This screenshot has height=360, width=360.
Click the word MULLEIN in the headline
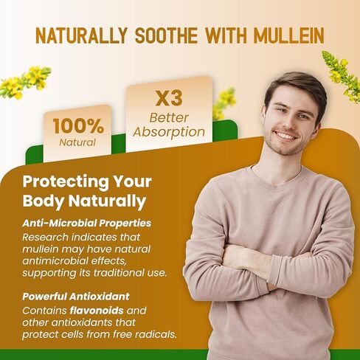(x=288, y=36)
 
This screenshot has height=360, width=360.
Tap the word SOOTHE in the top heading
(x=167, y=36)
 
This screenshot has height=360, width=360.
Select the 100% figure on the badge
(x=78, y=126)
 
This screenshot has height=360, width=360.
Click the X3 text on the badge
(x=169, y=98)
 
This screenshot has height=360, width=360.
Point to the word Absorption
(x=169, y=133)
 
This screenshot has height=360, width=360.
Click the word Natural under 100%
(x=77, y=142)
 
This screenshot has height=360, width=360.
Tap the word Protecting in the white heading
(x=66, y=182)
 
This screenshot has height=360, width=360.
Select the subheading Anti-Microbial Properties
(x=87, y=224)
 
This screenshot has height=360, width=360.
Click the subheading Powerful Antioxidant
(x=76, y=297)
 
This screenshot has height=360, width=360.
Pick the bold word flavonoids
(x=97, y=311)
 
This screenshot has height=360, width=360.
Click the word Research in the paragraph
(x=46, y=238)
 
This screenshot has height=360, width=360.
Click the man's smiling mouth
(x=285, y=136)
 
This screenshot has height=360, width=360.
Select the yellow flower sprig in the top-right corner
(x=342, y=76)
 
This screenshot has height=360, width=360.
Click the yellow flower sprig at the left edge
(x=24, y=82)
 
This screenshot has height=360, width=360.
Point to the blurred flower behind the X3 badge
(x=224, y=103)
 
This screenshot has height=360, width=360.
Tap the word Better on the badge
(x=169, y=117)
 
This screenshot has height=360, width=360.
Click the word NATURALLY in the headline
(x=81, y=36)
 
